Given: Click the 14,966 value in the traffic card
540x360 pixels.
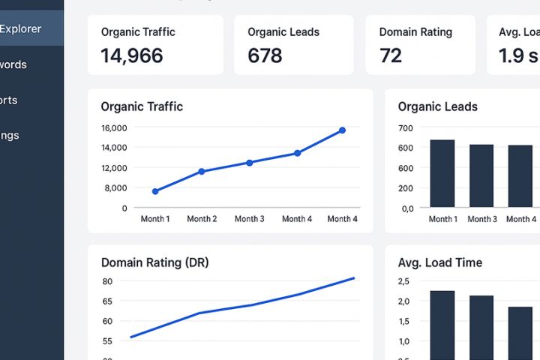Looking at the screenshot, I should (x=132, y=55).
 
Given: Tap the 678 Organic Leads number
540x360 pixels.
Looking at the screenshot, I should (x=265, y=55).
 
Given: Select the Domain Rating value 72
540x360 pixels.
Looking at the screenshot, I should (x=391, y=55).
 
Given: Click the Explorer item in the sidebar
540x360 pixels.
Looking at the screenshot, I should (x=21, y=29).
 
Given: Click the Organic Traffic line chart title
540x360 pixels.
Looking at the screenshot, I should (x=142, y=106).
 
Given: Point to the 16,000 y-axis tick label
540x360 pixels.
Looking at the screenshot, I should (x=114, y=127).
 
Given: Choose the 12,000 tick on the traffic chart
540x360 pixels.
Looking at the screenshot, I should (x=114, y=167).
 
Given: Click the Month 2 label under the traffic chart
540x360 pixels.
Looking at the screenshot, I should (x=202, y=219).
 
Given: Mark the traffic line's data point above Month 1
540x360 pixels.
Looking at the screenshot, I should (x=155, y=191).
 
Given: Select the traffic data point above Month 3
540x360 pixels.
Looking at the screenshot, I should (x=250, y=162).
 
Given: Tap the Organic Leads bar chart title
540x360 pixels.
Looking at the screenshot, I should (x=437, y=106).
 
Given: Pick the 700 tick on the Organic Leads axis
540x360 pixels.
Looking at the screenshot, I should (x=406, y=127).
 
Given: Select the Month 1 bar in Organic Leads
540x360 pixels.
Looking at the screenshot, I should (x=442, y=173).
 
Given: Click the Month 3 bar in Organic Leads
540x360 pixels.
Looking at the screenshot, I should (x=481, y=175).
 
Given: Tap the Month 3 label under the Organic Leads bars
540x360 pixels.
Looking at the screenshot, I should (x=482, y=219).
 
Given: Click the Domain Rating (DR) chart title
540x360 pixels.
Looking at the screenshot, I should (x=154, y=262).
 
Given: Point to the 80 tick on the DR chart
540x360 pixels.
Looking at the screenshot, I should (x=107, y=281).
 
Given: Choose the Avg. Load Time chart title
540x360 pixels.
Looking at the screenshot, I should (x=439, y=262).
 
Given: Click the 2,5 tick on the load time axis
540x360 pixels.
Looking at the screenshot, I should (x=403, y=281).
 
